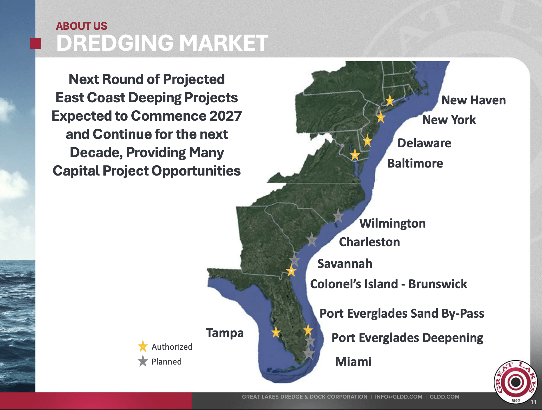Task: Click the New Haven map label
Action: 473,100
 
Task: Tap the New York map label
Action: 449,120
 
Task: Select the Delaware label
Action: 424,143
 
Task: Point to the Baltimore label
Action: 415,163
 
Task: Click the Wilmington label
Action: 392,223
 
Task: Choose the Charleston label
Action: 369,242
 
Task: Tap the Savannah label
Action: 345,264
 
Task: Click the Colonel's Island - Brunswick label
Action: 388,284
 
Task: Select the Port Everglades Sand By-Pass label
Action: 402,313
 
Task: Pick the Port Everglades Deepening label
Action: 407,338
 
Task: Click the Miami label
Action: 353,362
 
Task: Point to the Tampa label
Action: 225,333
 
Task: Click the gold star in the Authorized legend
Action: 143,346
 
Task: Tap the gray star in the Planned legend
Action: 143,361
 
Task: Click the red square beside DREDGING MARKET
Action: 35,43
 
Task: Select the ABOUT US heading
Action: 81,26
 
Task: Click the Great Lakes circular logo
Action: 515,382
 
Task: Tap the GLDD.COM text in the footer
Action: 444,397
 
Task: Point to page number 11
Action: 533,402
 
